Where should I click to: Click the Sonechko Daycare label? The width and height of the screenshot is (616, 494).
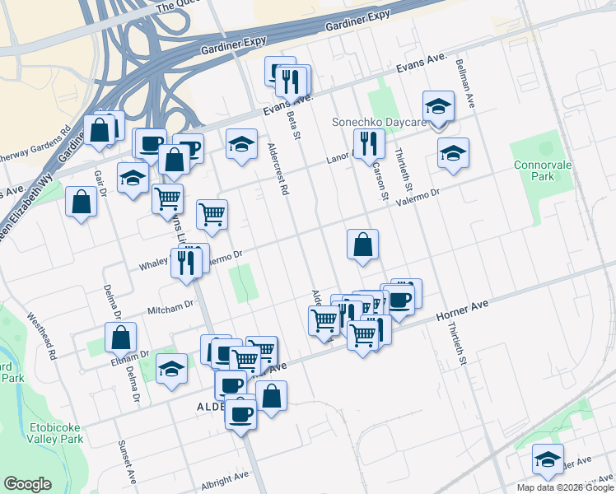point(379,122)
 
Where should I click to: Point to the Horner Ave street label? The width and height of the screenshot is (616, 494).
point(462,310)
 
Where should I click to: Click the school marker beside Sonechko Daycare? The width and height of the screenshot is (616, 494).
point(438,106)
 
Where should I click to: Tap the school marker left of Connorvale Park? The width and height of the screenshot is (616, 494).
point(452,153)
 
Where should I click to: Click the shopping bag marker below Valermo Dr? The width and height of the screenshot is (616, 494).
point(362,245)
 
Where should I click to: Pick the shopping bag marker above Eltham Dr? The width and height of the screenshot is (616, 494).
point(121,337)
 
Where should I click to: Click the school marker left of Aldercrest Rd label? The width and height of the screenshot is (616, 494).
point(241,144)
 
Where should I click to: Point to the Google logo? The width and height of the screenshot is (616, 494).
point(27,484)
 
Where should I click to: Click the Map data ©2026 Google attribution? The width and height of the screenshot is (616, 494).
point(565,487)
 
